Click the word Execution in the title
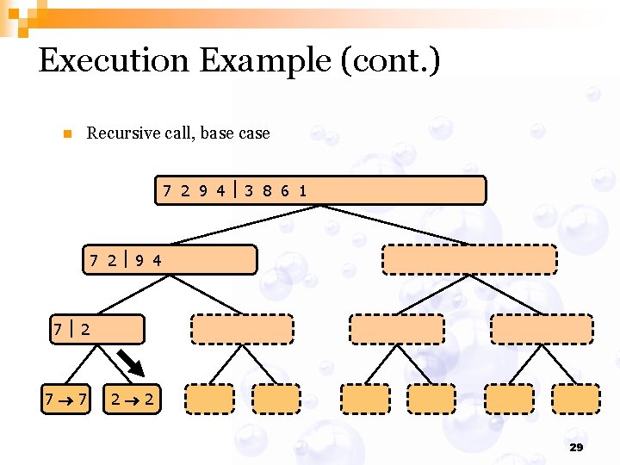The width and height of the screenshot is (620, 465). [x=115, y=61]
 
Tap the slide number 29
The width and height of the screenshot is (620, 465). [x=576, y=447]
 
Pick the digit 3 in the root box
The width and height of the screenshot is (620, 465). [x=248, y=190]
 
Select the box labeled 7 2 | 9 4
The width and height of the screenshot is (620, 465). [x=170, y=259]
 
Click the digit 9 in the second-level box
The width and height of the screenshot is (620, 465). [x=140, y=259]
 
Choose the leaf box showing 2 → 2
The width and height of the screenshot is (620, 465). [x=131, y=399]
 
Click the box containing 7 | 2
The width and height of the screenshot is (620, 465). [x=96, y=329]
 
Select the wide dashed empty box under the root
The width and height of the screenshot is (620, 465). [x=469, y=259]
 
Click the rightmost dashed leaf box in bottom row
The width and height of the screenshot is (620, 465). [x=575, y=399]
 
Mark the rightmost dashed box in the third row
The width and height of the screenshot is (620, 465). [x=541, y=329]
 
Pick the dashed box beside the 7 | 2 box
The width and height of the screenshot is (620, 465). [x=242, y=329]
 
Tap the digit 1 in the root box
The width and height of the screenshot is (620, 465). [x=302, y=190]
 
